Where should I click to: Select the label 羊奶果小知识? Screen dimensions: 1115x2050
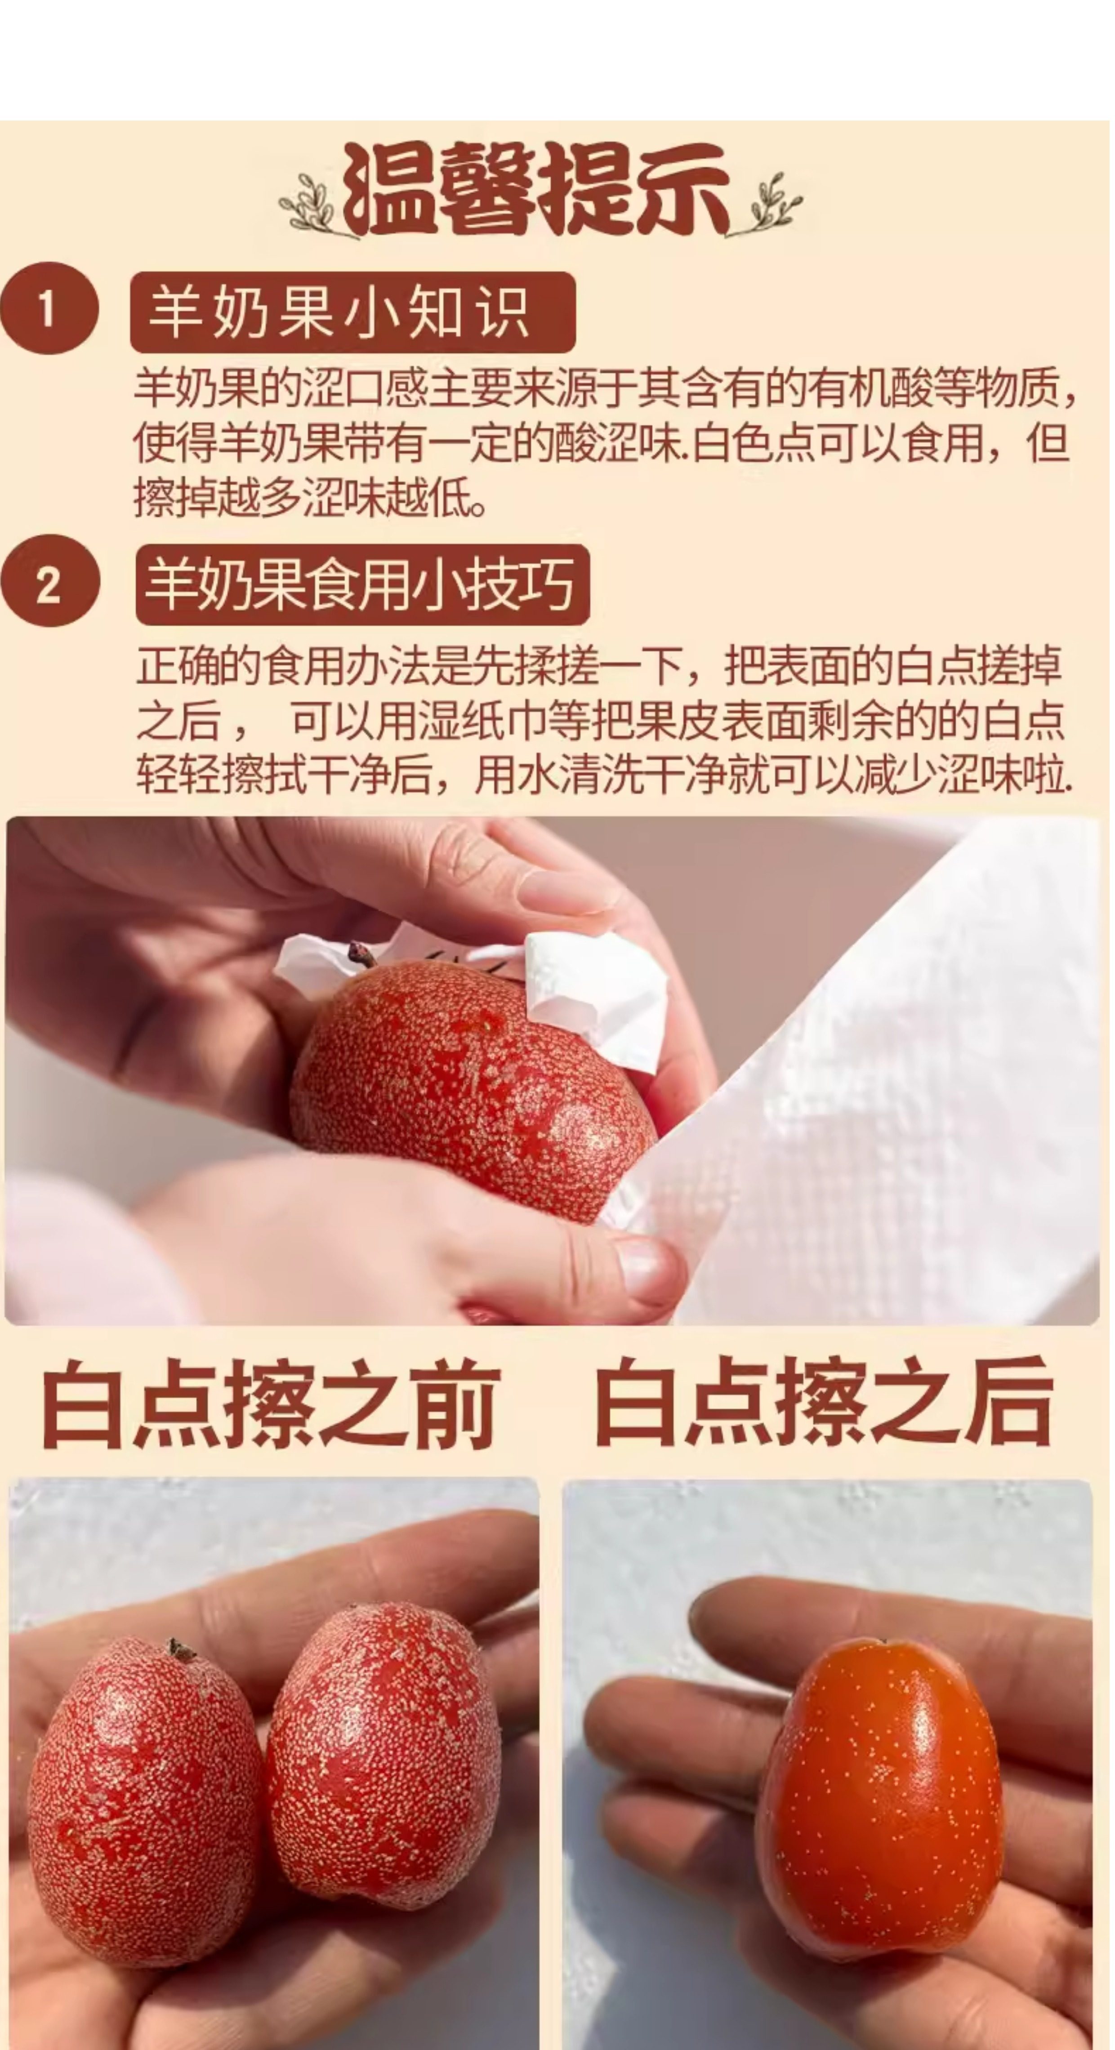pyautogui.click(x=352, y=312)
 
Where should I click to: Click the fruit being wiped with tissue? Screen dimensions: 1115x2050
pyautogui.click(x=473, y=1090)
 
